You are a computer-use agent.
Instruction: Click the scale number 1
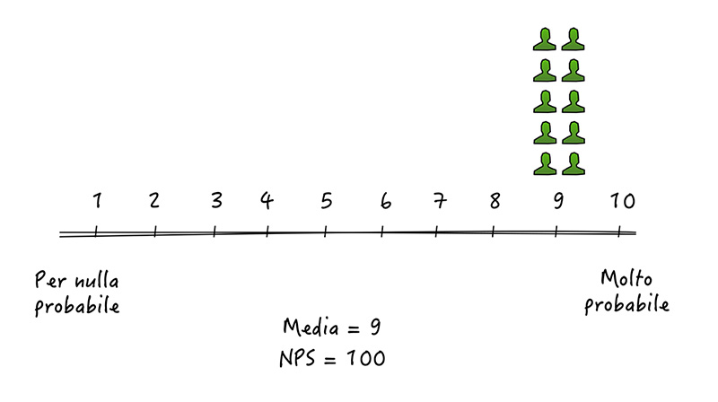point(97,200)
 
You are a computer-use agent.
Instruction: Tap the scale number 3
point(216,200)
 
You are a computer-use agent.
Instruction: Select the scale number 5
point(326,201)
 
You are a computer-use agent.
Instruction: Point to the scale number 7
point(440,201)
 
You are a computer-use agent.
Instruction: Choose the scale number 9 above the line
point(558,201)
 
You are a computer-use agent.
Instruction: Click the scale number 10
point(623,201)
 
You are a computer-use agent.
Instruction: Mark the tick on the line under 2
point(154,232)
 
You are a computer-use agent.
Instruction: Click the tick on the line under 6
point(382,232)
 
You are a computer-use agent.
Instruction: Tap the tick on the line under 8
point(493,232)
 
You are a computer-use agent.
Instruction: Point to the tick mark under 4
point(267,232)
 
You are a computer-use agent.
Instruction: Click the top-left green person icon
point(545,39)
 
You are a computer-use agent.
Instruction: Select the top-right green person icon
point(573,39)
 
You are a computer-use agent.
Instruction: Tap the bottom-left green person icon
point(545,164)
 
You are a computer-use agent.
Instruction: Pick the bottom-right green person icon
point(574,164)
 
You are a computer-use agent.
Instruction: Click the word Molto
point(626,278)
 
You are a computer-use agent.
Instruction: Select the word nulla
point(97,280)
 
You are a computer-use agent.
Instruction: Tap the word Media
point(311,327)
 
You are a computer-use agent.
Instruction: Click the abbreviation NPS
point(298,358)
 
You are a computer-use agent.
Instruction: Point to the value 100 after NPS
point(365,358)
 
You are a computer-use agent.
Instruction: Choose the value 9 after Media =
point(375,327)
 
